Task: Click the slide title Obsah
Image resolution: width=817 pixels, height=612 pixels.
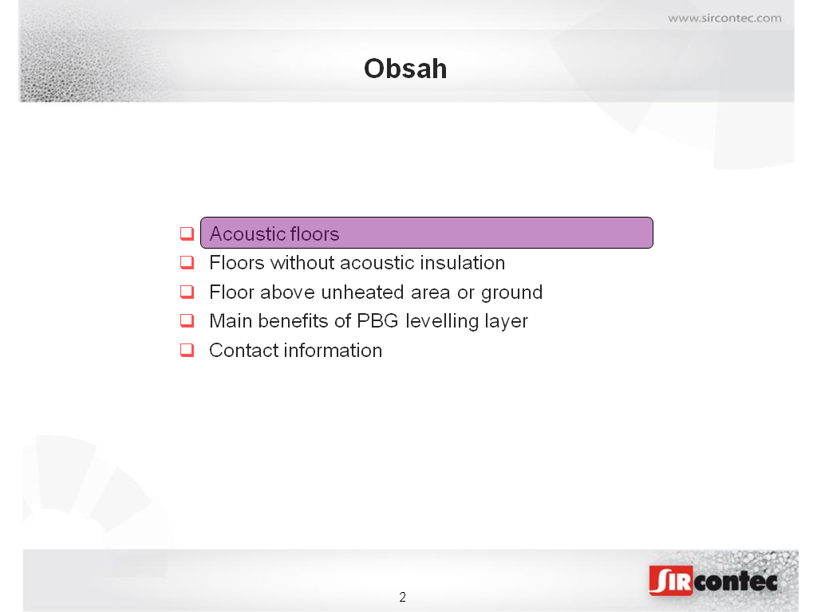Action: click(x=405, y=69)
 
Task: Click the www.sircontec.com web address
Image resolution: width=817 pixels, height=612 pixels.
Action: click(x=724, y=18)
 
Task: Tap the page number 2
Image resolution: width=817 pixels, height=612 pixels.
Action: click(x=402, y=597)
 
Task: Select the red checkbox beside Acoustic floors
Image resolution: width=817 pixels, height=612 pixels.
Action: click(x=187, y=233)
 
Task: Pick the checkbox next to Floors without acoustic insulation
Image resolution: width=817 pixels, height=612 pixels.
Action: click(x=187, y=262)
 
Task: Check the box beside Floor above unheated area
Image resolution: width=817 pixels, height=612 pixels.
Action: click(x=187, y=292)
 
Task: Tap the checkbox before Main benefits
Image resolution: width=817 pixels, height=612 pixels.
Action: click(x=187, y=320)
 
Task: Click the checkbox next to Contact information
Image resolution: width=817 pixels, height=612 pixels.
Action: click(x=187, y=351)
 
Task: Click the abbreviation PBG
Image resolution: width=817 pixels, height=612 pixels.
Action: click(x=377, y=321)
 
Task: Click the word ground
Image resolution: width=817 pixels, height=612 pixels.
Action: click(x=511, y=293)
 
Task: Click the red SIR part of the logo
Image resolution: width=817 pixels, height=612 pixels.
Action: click(x=671, y=581)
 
